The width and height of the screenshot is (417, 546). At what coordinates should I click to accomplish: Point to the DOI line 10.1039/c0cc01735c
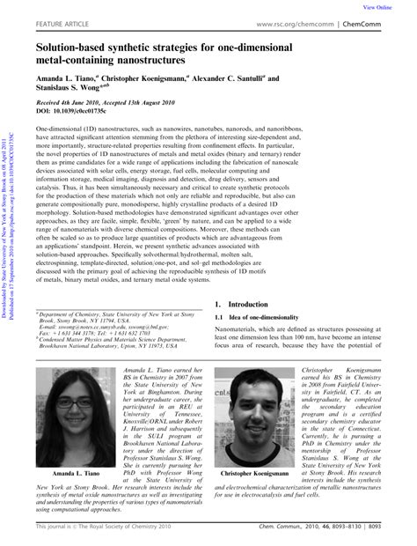click(x=76, y=112)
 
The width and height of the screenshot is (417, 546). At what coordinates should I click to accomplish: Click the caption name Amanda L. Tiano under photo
click(x=75, y=448)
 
